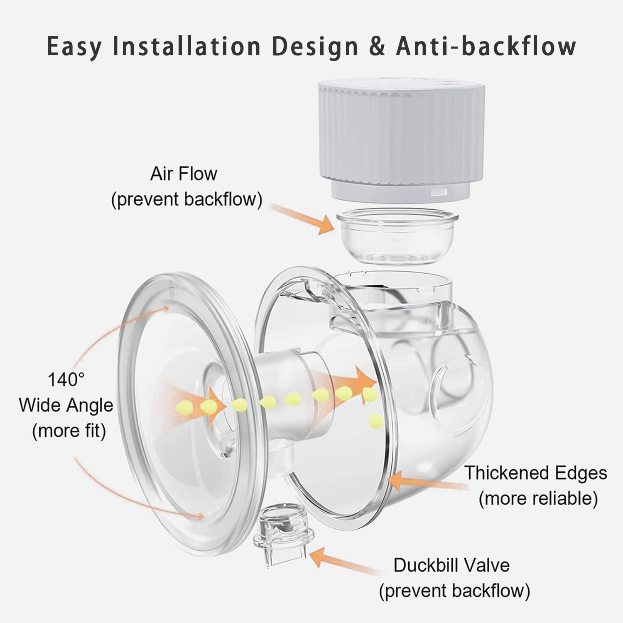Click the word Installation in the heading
point(186,46)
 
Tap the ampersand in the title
point(377,46)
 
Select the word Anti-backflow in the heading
point(486,46)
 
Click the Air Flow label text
point(184,174)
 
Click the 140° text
point(66,380)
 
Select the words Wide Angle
point(66,405)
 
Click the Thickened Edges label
point(536,473)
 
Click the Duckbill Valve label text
point(451,565)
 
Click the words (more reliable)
point(538,498)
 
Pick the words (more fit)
point(69,431)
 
